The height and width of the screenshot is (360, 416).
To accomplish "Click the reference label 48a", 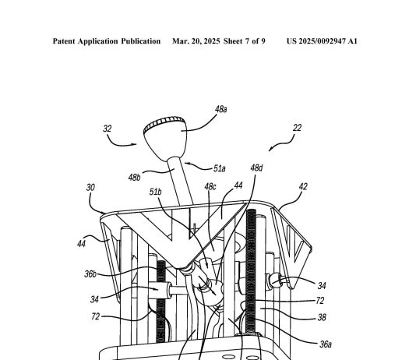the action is (220, 109).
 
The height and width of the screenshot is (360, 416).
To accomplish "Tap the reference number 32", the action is (108, 129).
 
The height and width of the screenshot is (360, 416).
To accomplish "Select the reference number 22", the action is (297, 128).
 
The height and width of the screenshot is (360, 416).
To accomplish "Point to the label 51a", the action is (220, 168).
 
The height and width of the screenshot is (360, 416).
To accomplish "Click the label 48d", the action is (256, 168).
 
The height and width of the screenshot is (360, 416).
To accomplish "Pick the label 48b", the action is (134, 177).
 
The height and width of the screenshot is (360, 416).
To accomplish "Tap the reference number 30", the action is (90, 188).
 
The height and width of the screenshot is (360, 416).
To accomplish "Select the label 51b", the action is (155, 192).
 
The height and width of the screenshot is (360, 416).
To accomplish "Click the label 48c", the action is (210, 187).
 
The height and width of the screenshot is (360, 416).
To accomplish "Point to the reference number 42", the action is (303, 187).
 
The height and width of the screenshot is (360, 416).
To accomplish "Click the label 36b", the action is (90, 274).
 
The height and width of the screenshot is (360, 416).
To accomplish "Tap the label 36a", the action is (326, 344).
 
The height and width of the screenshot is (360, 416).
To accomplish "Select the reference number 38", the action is (322, 317).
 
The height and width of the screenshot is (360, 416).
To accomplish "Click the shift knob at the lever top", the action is (165, 137).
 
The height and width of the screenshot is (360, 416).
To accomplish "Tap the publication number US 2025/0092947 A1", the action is (322, 41).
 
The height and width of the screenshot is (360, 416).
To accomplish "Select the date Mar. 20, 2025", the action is (196, 41).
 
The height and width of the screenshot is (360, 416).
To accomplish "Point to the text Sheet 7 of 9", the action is (245, 41).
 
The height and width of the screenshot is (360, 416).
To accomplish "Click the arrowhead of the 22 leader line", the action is (270, 149).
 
